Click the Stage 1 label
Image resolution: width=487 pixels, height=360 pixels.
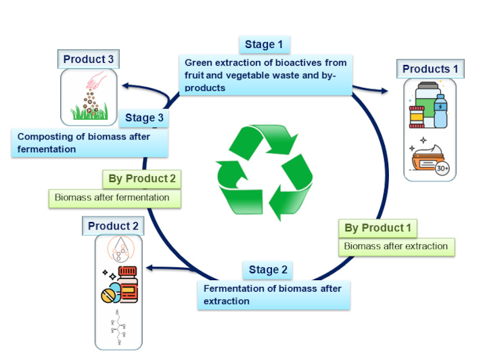[264, 45]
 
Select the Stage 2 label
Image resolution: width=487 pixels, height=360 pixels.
[268, 270]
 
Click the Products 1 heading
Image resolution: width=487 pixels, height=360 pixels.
[430, 69]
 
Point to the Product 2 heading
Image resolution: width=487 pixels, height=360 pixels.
[113, 226]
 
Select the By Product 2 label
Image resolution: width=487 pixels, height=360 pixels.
[143, 179]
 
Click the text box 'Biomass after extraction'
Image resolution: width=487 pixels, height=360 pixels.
[396, 246]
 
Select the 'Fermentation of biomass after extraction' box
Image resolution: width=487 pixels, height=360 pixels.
[273, 294]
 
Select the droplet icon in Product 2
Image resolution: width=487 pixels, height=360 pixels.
[119, 250]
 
